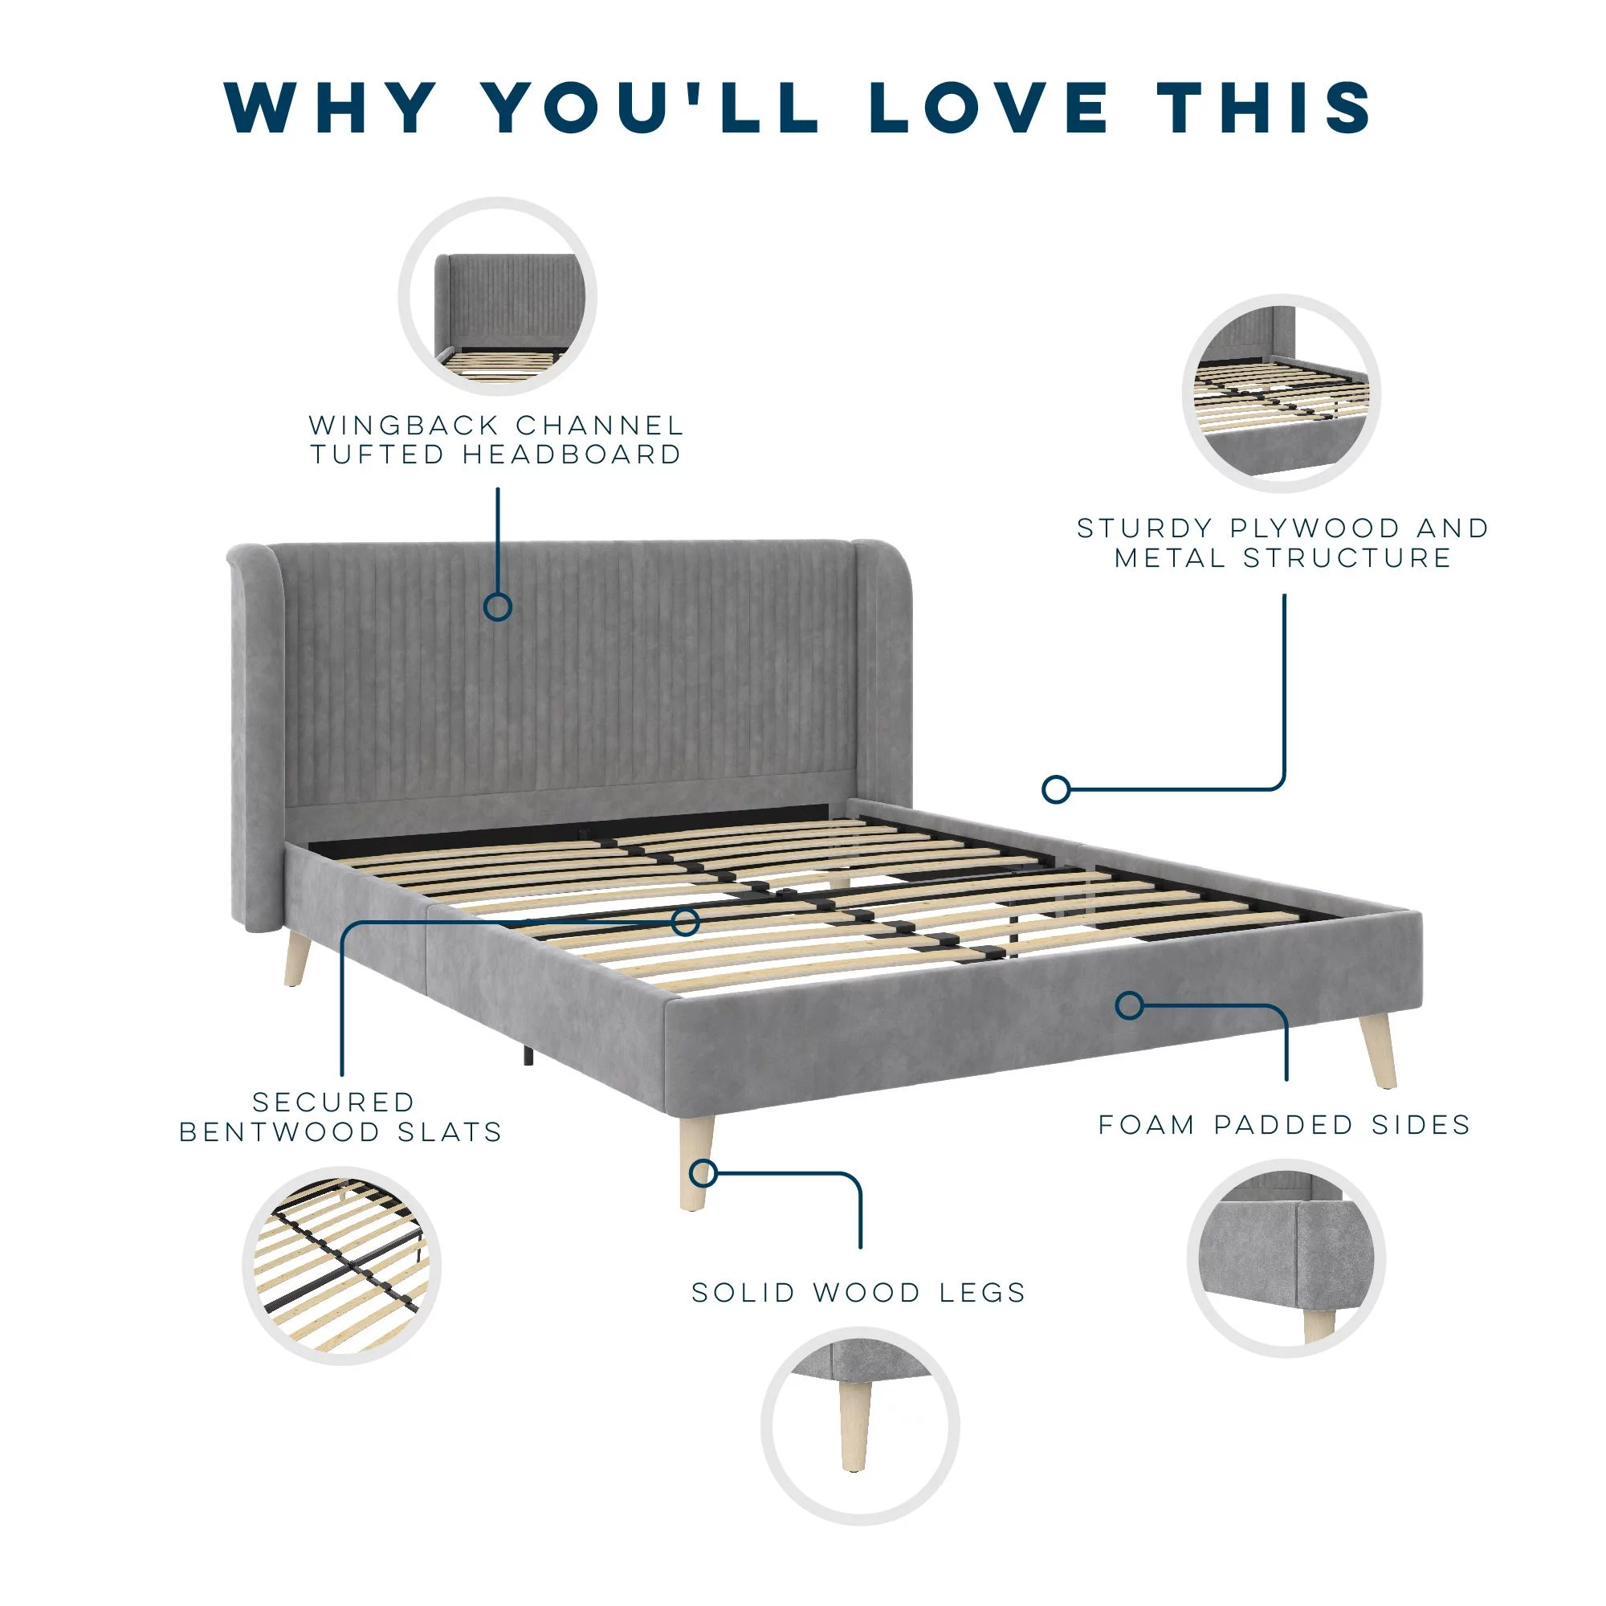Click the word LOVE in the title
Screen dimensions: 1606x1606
[988, 108]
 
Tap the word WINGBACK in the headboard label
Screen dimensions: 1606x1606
[404, 426]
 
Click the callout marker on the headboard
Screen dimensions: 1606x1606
[498, 608]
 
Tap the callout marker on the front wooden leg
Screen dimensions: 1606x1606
[703, 1173]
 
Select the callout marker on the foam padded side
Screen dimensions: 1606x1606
[1129, 1006]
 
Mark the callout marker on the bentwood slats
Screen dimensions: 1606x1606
[686, 922]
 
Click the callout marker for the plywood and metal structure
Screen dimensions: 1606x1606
[1056, 789]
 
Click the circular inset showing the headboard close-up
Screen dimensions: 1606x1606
[498, 297]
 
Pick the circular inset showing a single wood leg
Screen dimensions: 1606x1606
[859, 1425]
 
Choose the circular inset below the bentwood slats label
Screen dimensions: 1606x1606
[341, 1266]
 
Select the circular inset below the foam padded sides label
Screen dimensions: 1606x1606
[1286, 1258]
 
